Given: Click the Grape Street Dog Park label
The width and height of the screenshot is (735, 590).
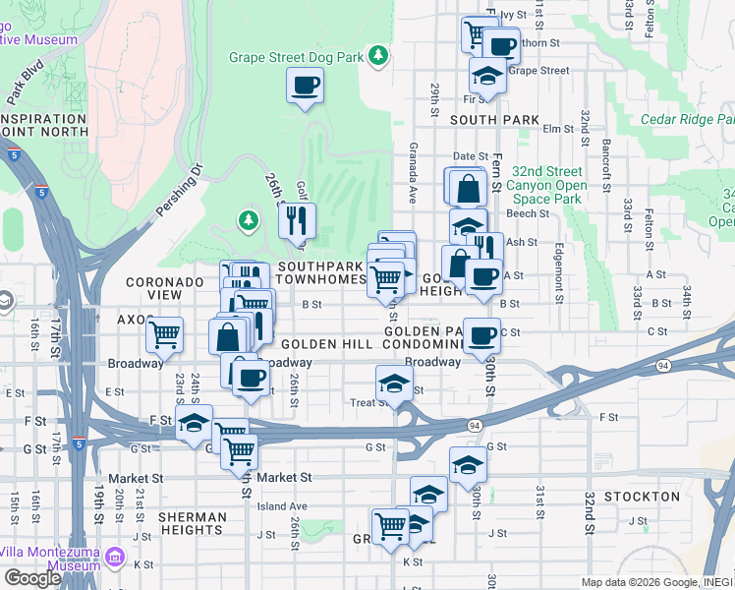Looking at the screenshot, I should [296, 57].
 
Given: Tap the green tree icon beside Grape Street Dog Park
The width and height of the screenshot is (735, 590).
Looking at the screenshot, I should [377, 56].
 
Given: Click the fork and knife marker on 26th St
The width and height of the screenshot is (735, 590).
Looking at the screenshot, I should [296, 221].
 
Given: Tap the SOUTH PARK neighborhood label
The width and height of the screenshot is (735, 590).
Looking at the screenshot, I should [494, 120].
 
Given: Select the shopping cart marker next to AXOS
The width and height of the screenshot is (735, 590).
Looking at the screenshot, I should [164, 334].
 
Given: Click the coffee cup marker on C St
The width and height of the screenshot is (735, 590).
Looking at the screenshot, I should [481, 335].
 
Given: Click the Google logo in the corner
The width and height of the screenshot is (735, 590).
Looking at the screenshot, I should [32, 577].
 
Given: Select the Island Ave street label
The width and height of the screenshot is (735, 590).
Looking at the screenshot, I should [283, 506].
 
